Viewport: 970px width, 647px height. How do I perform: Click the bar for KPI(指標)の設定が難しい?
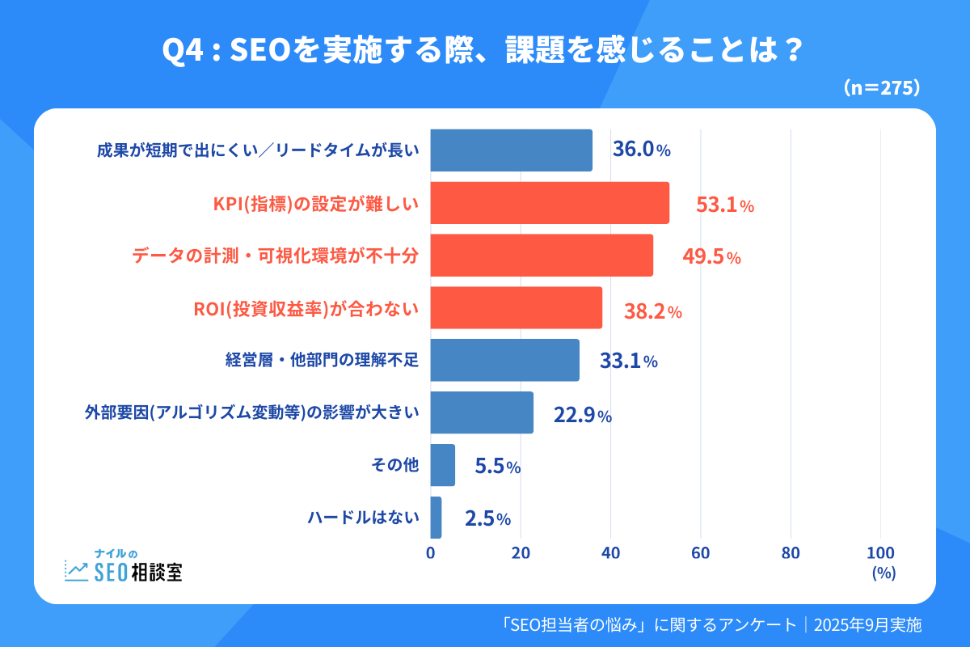pos(550,203)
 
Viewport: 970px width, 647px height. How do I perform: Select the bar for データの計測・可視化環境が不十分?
pos(542,256)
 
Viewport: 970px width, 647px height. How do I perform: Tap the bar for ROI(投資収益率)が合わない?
pos(516,308)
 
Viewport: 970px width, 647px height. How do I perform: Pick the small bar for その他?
pos(442,465)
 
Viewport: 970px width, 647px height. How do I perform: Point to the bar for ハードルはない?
pos(436,518)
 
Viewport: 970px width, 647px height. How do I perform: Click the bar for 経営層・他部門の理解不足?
pos(504,360)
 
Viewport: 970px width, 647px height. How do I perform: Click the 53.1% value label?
pos(724,205)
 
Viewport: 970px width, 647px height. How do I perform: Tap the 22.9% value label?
pos(582,416)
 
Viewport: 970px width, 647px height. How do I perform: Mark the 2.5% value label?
pos(487,518)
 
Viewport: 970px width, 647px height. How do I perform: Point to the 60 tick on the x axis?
pos(700,553)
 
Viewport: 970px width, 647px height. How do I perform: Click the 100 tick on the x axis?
pos(880,553)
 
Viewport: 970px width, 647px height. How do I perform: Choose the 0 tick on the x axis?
pos(430,553)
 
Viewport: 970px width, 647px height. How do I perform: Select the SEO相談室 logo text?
pos(138,572)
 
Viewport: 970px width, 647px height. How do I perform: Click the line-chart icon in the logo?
pos(77,571)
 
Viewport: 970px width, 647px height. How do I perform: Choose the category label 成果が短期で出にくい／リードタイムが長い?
pos(257,151)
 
